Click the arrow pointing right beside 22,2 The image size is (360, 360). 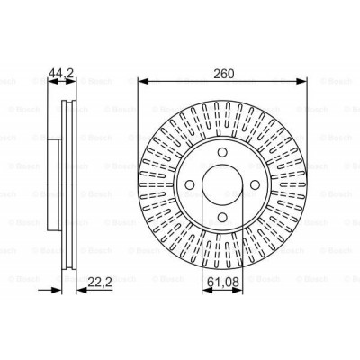(56, 290)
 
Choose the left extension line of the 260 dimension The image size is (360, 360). (138, 126)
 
